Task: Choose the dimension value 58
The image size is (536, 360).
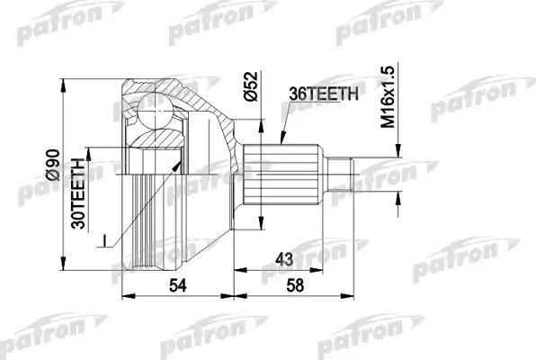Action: [294, 285]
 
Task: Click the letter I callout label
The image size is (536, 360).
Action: [106, 238]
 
